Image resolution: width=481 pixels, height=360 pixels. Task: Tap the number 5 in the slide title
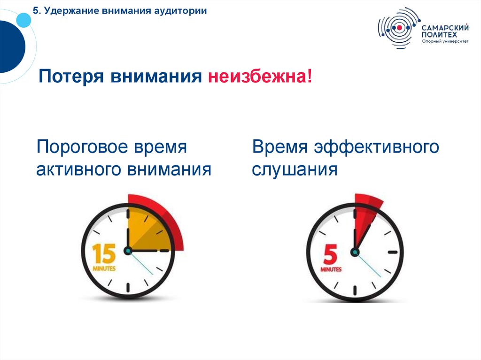pos(35,11)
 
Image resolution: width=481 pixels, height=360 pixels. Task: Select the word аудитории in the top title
pos(181,11)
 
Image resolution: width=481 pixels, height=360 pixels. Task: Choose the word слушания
pos(295,169)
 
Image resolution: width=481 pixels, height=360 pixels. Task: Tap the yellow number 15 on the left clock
pos(103,253)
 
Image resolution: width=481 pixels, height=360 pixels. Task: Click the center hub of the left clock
pos(127,251)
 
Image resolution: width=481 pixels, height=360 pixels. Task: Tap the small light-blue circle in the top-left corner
pos(23,19)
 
